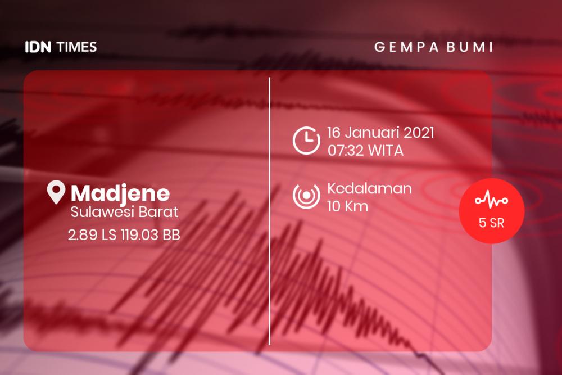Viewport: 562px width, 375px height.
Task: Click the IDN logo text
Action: (x=38, y=47)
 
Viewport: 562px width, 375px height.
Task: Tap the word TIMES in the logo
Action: (x=76, y=47)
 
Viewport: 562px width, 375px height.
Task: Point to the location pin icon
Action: (x=56, y=192)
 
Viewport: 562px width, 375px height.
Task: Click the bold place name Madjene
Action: (x=120, y=193)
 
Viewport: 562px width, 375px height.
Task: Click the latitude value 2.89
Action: (x=83, y=235)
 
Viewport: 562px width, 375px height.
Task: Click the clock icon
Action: (x=306, y=140)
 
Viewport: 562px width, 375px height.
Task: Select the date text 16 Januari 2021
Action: (x=380, y=133)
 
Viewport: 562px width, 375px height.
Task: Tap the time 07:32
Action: (x=346, y=151)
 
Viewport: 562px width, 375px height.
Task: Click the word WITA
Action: (x=386, y=151)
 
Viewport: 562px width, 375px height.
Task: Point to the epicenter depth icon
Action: (x=306, y=196)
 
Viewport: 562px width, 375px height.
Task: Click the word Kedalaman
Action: (x=370, y=188)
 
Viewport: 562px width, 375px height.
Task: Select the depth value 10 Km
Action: (x=348, y=206)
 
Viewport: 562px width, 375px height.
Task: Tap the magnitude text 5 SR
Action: (x=491, y=223)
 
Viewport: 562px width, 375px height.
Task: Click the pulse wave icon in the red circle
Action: (x=491, y=200)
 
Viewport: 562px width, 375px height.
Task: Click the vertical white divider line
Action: (x=270, y=211)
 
